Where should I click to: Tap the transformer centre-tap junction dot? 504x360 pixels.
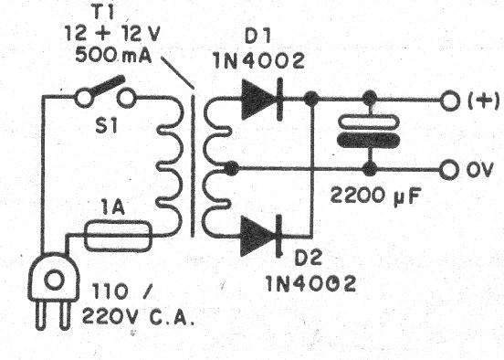(x=233, y=169)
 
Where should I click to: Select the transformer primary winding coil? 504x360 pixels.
(x=172, y=164)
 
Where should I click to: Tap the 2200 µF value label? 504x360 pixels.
(x=372, y=196)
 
